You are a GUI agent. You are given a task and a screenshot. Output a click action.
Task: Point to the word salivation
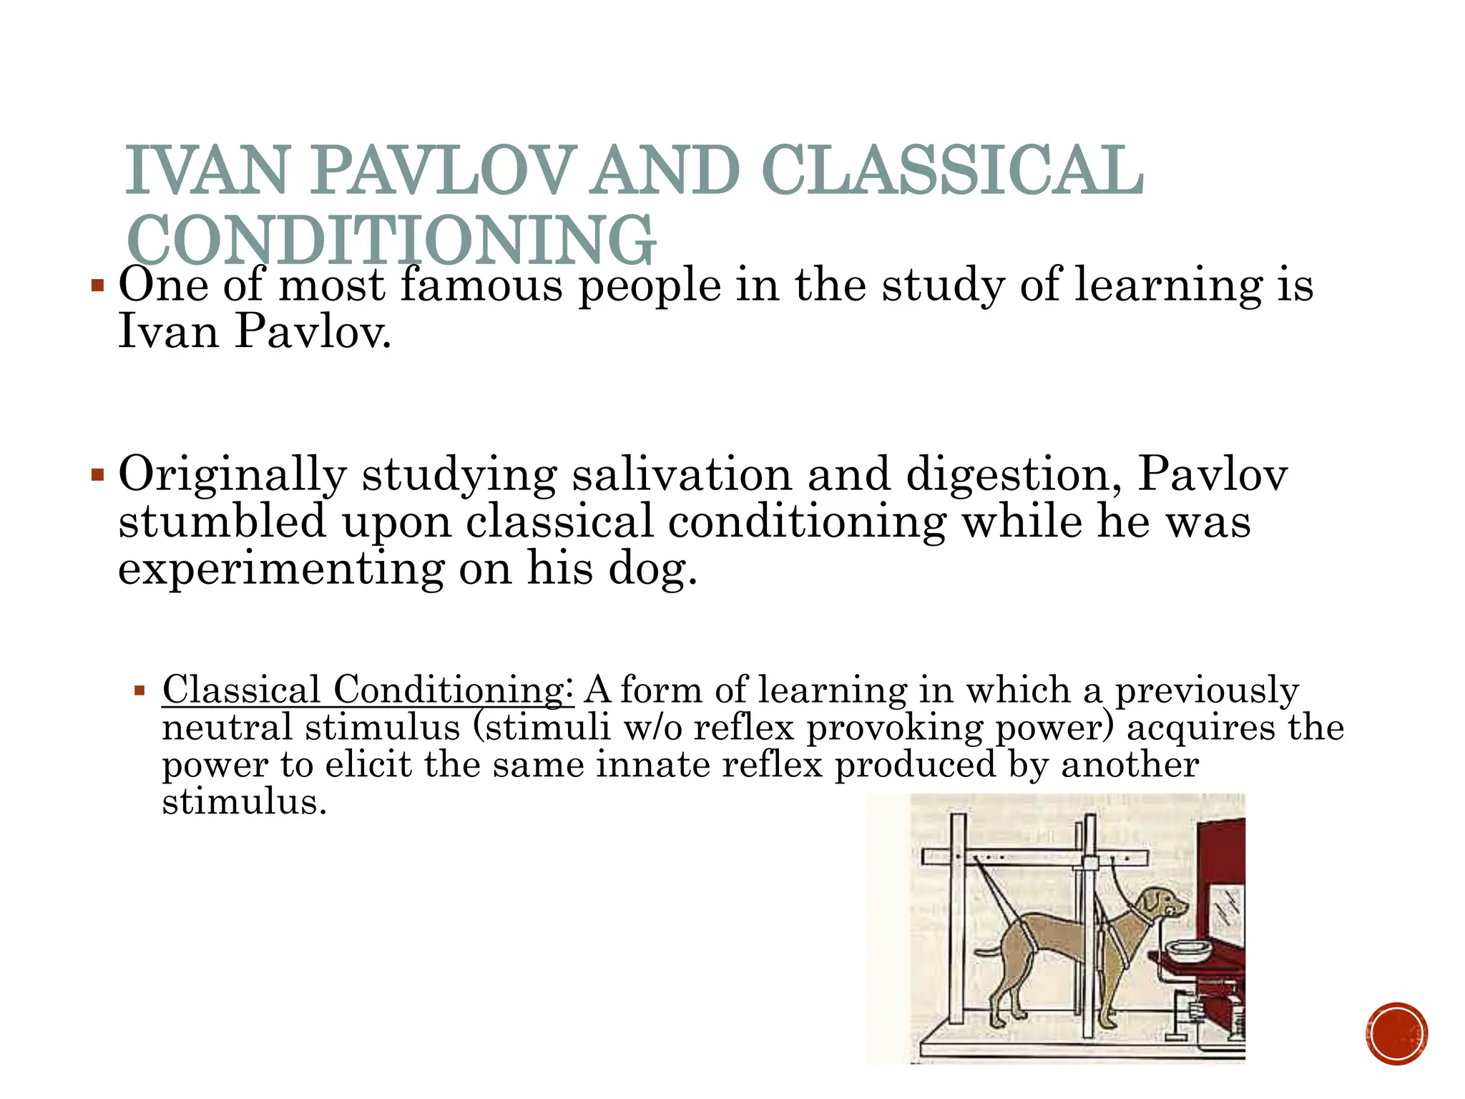[x=682, y=474]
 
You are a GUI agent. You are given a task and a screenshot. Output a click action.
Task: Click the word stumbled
[x=222, y=521]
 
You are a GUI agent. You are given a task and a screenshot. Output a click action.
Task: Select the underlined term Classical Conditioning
[x=367, y=690]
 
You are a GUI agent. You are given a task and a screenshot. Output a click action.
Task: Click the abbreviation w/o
[x=652, y=728]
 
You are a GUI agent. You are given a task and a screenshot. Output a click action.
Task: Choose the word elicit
[x=368, y=764]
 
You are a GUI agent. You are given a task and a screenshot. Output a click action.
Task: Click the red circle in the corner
[x=1396, y=1034]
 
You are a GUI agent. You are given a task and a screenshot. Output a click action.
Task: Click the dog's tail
[x=990, y=952]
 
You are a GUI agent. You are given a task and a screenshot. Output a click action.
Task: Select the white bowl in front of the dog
[x=1189, y=950]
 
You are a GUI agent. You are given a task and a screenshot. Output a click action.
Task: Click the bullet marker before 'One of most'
[x=98, y=288]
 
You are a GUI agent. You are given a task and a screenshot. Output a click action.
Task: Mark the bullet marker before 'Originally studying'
[x=98, y=475]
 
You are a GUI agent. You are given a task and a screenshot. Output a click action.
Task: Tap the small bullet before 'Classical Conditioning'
[x=139, y=691]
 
